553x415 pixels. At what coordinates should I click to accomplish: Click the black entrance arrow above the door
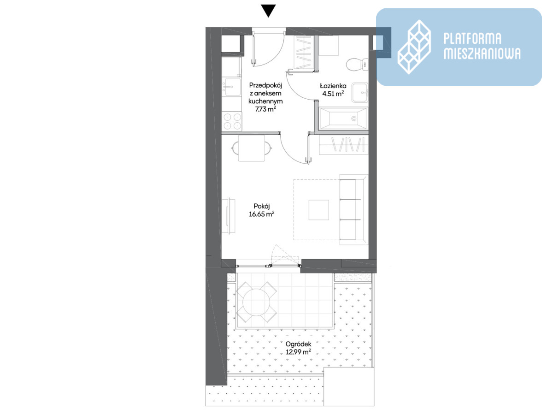click(x=268, y=11)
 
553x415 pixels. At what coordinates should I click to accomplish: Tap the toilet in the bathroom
click(x=357, y=65)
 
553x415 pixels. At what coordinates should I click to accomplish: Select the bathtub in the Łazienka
click(x=343, y=119)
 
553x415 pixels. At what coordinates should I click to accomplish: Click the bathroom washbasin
click(x=360, y=93)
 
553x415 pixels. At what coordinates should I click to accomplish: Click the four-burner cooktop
click(x=232, y=121)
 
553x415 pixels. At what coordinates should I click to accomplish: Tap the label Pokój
click(x=261, y=206)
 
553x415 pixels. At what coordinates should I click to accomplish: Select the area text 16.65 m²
click(x=261, y=214)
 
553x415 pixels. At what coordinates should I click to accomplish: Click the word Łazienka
click(x=333, y=86)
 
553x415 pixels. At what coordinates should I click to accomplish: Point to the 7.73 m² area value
click(x=265, y=109)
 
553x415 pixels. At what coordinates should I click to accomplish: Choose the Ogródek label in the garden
click(x=298, y=344)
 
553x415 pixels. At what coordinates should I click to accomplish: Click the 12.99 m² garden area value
click(x=298, y=352)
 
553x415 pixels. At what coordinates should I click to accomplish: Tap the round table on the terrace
click(x=256, y=302)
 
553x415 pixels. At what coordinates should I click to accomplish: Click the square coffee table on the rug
click(x=319, y=210)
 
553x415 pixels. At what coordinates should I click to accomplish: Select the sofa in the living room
click(x=354, y=210)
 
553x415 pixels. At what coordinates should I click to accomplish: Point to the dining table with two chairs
click(x=252, y=148)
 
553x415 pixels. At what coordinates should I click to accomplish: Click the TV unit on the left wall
click(x=229, y=216)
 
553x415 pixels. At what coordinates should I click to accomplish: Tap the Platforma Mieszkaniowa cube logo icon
click(x=414, y=47)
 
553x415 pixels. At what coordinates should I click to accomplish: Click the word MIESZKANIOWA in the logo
click(x=482, y=53)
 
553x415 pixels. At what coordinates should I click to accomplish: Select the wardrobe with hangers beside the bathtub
click(x=344, y=145)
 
